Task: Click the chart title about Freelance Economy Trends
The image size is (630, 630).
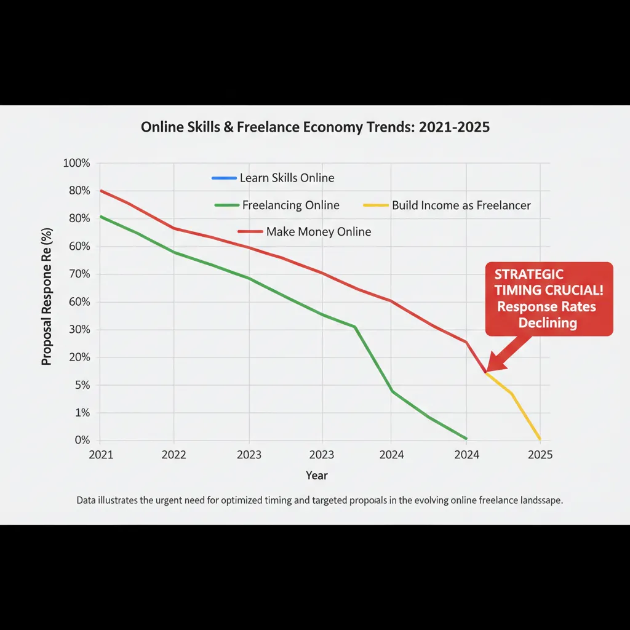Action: (315, 127)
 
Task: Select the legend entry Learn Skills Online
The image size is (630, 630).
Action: (287, 178)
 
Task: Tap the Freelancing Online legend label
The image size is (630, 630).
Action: (290, 205)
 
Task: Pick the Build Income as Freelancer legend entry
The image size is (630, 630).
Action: (461, 205)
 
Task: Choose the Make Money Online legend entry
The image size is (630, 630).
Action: (318, 232)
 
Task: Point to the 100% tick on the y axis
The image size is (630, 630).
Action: (76, 164)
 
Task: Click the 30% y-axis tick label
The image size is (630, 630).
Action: (78, 330)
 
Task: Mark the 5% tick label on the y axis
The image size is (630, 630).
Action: (81, 385)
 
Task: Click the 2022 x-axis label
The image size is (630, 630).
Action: (174, 455)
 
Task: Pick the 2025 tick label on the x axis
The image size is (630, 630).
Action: (540, 455)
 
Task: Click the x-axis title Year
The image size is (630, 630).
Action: (317, 476)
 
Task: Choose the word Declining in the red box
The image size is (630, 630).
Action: (547, 322)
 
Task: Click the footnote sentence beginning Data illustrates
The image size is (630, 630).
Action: (320, 500)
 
